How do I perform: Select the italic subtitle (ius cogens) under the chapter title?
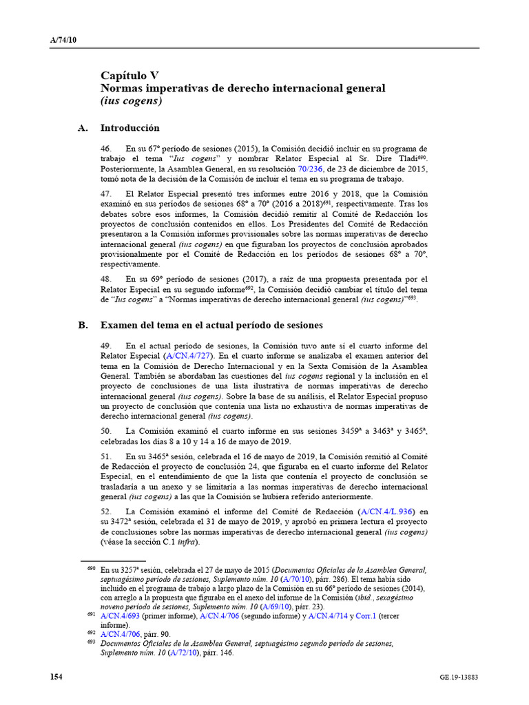pyautogui.click(x=131, y=101)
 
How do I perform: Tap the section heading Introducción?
pyautogui.click(x=129, y=128)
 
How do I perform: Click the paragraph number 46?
pyautogui.click(x=106, y=149)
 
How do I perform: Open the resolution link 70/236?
pyautogui.click(x=310, y=169)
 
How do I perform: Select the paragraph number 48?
pyautogui.click(x=106, y=279)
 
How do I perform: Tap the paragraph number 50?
pyautogui.click(x=106, y=430)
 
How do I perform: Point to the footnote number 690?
pyautogui.click(x=91, y=570)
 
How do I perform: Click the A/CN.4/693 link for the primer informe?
pyautogui.click(x=120, y=616)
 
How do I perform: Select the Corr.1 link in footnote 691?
pyautogui.click(x=366, y=616)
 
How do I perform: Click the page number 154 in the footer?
pyautogui.click(x=56, y=677)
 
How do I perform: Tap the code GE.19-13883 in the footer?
pyautogui.click(x=459, y=678)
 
